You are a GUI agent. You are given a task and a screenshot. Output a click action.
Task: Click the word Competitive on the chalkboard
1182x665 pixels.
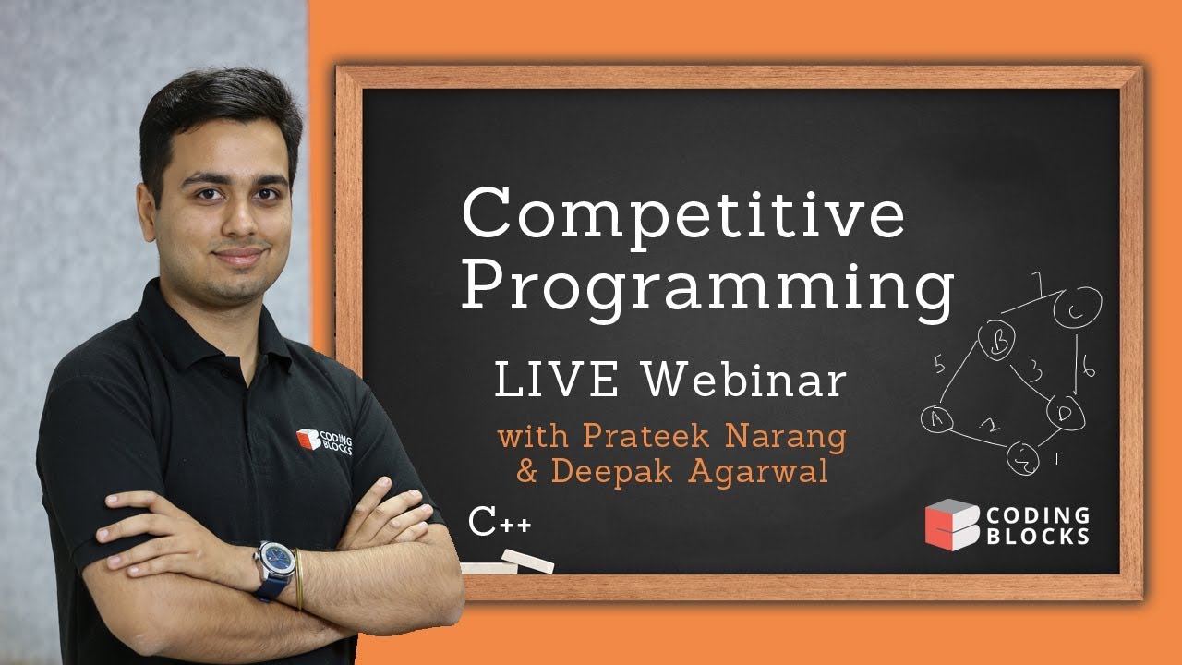pyautogui.click(x=683, y=214)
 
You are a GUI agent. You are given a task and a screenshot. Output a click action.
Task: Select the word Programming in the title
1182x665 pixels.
pyautogui.click(x=707, y=289)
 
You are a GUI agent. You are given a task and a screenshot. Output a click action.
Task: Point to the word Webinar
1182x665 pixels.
pyautogui.click(x=744, y=381)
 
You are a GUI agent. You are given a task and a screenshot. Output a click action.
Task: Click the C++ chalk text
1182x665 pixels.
pyautogui.click(x=500, y=523)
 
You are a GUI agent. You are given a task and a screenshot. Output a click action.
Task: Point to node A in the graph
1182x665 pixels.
pyautogui.click(x=937, y=419)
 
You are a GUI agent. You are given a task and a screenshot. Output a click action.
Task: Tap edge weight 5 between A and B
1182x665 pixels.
pyautogui.click(x=938, y=366)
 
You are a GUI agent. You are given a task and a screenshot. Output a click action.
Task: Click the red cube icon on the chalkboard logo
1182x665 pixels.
pyautogui.click(x=950, y=524)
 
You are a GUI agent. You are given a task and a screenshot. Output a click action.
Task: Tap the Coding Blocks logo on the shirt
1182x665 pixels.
pyautogui.click(x=324, y=441)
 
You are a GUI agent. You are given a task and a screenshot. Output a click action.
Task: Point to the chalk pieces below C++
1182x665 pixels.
pyautogui.click(x=508, y=562)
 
